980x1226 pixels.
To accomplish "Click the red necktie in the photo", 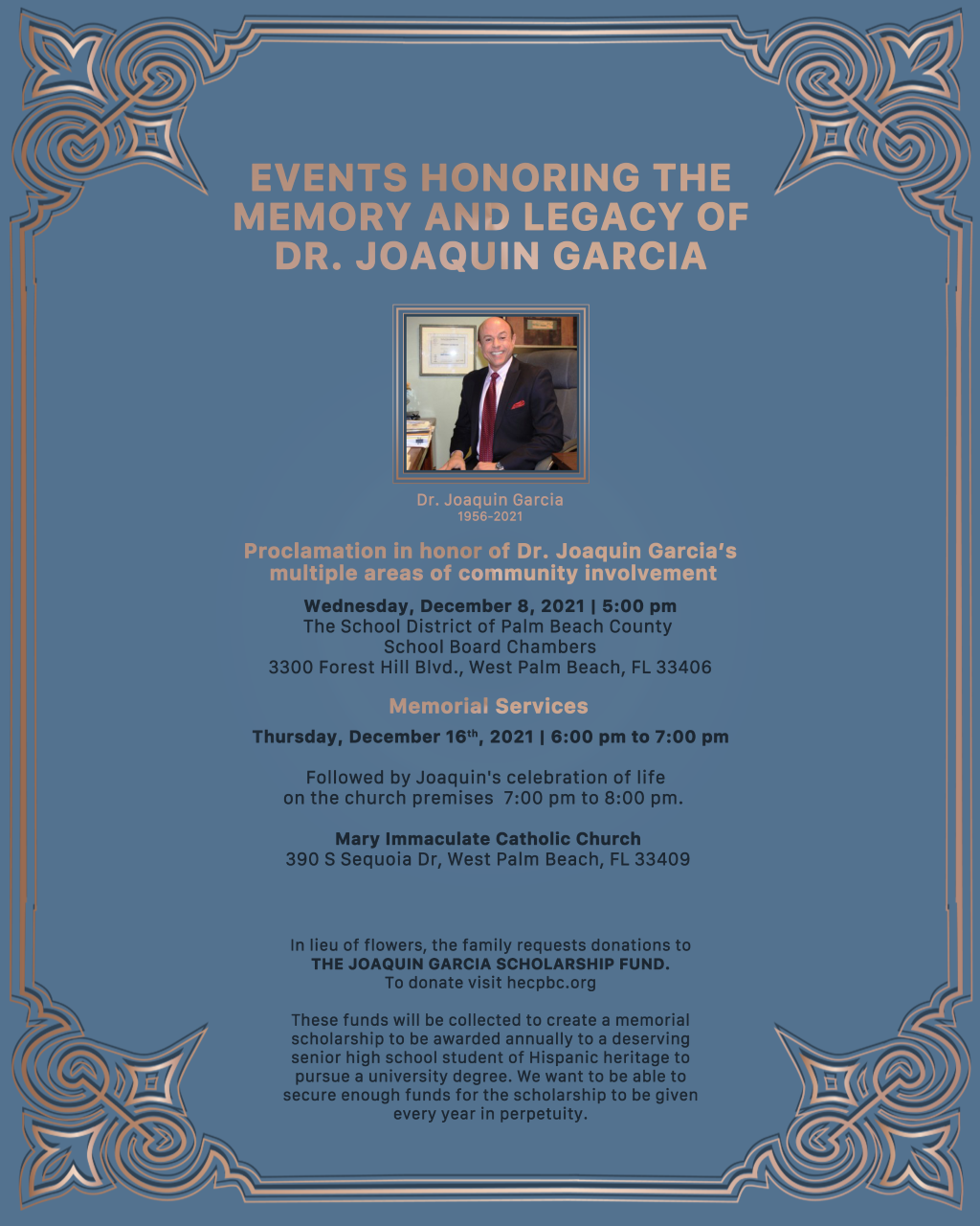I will [x=489, y=416].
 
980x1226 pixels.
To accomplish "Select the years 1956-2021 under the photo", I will [x=489, y=517].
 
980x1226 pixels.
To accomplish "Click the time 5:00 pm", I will [x=639, y=605].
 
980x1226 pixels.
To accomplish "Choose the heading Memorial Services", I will [x=488, y=706].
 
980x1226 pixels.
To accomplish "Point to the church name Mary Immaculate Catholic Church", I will [x=488, y=838].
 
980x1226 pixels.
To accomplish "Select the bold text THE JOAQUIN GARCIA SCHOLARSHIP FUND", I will [x=490, y=964].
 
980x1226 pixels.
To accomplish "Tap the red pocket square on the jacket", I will [x=518, y=404].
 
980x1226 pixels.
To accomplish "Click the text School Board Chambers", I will [x=489, y=647].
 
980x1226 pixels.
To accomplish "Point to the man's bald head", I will [x=496, y=328].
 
